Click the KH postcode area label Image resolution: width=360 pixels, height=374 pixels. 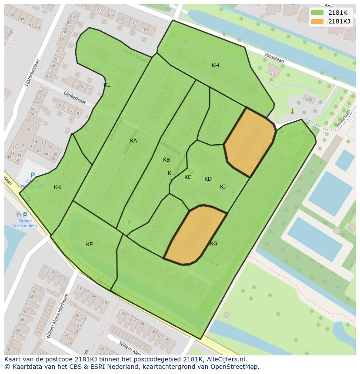click(215, 66)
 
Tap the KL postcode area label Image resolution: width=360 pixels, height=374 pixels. click(107, 85)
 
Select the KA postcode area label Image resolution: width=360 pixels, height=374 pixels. click(133, 141)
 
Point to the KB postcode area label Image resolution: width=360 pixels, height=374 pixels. click(167, 160)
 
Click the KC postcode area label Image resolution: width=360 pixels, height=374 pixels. click(188, 177)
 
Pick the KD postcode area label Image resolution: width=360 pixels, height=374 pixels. click(208, 179)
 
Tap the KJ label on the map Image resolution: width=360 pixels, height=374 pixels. click(223, 187)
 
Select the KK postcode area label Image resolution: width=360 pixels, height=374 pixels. click(57, 187)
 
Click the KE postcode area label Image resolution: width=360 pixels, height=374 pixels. click(89, 245)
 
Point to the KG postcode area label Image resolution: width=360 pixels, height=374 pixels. click(213, 244)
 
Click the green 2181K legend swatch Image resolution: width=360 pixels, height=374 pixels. click(317, 13)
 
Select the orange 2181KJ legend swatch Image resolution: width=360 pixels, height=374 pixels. click(317, 21)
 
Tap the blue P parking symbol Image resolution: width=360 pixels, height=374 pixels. click(33, 176)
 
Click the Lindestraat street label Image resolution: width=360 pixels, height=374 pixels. click(75, 97)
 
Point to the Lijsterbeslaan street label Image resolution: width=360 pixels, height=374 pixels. click(32, 72)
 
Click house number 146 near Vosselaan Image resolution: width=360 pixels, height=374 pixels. click(308, 100)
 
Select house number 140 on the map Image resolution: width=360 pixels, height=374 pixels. click(271, 74)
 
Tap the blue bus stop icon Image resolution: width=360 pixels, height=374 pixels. click(25, 214)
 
